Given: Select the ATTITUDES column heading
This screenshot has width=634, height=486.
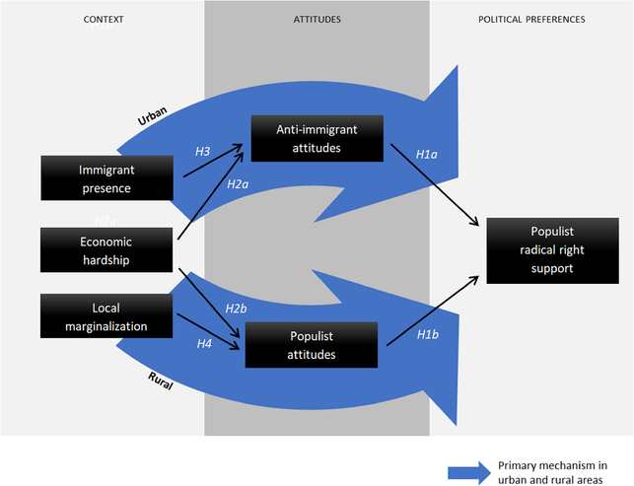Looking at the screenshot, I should pyautogui.click(x=317, y=19).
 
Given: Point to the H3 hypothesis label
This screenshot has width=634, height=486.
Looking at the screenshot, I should pyautogui.click(x=201, y=152).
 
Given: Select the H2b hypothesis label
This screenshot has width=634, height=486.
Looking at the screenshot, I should pyautogui.click(x=236, y=309).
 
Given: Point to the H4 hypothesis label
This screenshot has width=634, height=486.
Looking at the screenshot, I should pyautogui.click(x=204, y=343).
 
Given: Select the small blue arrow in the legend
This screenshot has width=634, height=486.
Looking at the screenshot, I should pyautogui.click(x=468, y=471).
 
